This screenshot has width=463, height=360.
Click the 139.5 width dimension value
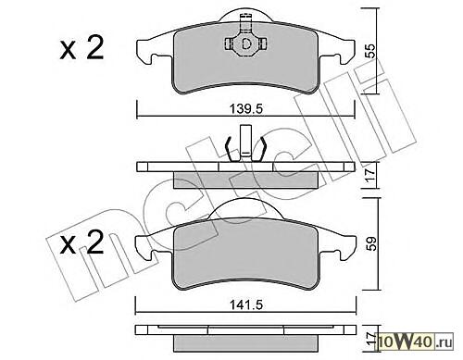pos(245,108)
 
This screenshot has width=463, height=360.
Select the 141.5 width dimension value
pos(245,304)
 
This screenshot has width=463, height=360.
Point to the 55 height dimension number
pos(370,51)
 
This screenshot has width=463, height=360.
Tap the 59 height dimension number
pos(370,243)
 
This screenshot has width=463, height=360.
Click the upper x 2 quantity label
pos(81,48)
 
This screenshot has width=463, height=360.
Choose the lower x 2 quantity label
pos(81,242)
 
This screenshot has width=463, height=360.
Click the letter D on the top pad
pos(246,43)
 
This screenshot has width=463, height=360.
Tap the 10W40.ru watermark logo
pos(415,341)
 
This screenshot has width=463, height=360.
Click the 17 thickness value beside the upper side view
pos(370,175)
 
